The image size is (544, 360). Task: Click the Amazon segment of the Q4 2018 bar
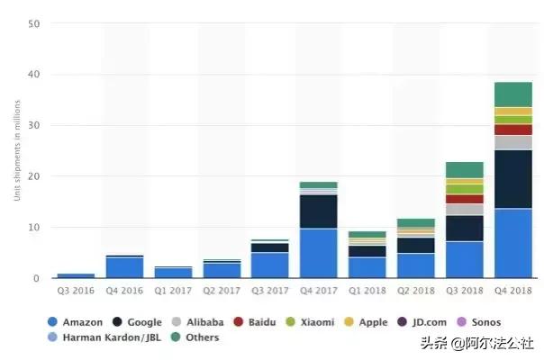(x=512, y=243)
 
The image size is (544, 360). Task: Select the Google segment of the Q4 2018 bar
(x=512, y=179)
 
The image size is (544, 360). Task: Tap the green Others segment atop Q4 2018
(x=512, y=94)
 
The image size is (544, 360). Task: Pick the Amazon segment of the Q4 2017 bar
(x=318, y=253)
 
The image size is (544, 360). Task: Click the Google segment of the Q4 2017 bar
(x=318, y=211)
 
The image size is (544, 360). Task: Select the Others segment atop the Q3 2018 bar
(x=464, y=170)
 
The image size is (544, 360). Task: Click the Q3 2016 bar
(x=76, y=275)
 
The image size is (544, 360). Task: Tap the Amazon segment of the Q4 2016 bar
(x=124, y=267)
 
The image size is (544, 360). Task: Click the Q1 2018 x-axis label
(x=367, y=292)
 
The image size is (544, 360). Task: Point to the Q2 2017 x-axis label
(x=221, y=292)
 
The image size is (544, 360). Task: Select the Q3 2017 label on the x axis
(x=269, y=292)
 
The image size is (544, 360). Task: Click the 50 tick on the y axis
(x=33, y=23)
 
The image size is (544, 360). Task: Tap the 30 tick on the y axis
(x=33, y=125)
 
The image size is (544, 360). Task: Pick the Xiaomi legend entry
(x=310, y=321)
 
